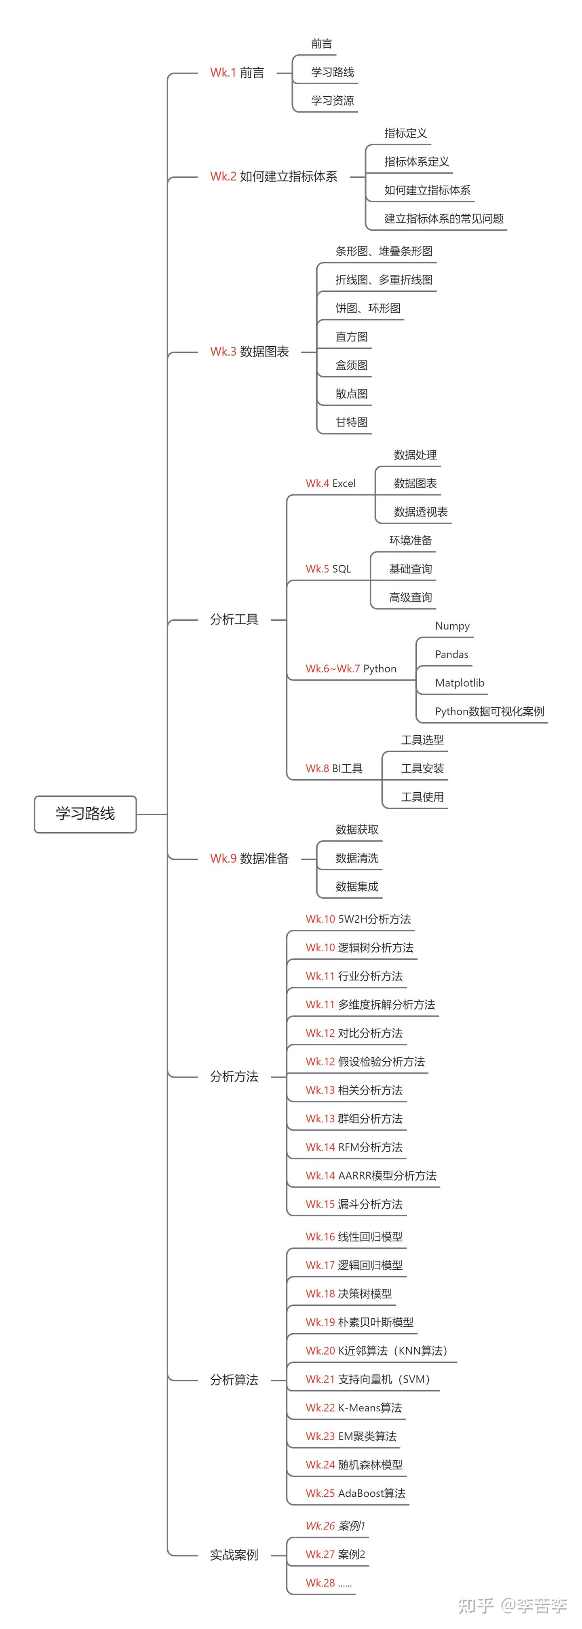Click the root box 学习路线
tap(85, 814)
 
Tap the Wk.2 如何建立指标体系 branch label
tap(274, 176)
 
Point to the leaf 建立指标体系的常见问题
tap(444, 219)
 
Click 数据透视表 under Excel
tap(420, 512)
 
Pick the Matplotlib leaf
tap(460, 683)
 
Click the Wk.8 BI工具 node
tap(334, 769)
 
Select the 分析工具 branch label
tap(234, 620)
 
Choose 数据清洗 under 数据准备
tap(356, 858)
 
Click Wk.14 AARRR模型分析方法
tap(371, 1175)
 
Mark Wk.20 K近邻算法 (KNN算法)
tap(377, 1351)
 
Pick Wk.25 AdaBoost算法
tap(355, 1493)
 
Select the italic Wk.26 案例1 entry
tap(335, 1526)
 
